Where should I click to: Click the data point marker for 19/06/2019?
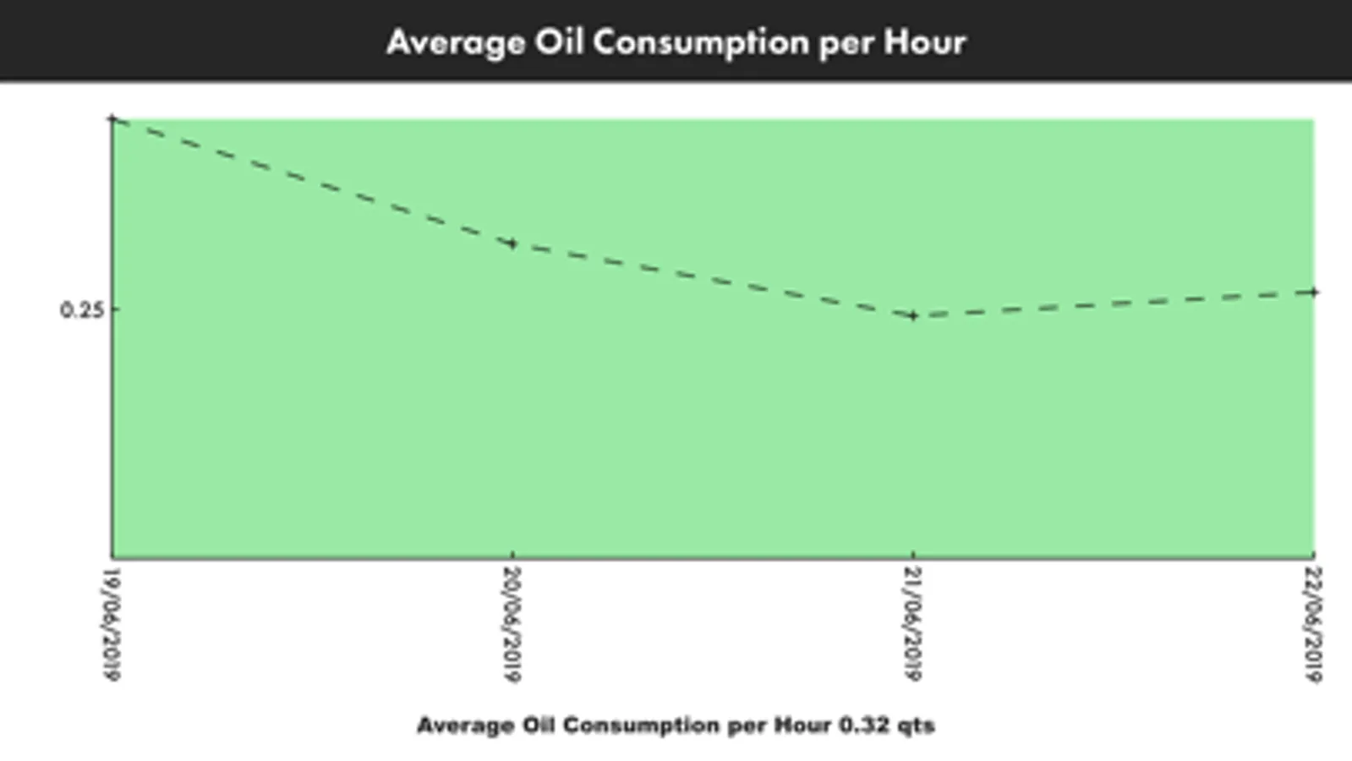(x=113, y=120)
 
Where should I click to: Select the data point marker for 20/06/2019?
(x=512, y=244)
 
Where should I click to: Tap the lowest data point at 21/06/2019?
(x=913, y=316)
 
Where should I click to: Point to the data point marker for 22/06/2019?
(x=1313, y=293)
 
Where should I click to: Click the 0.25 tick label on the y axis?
(x=82, y=309)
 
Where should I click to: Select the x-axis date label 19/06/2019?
(x=111, y=623)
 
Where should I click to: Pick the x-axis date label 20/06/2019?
(x=512, y=623)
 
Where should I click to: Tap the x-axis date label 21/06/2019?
(x=913, y=623)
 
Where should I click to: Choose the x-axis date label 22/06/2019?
(x=1313, y=623)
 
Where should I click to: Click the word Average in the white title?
(x=455, y=42)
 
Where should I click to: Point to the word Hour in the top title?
(x=925, y=42)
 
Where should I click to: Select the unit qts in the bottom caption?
(x=914, y=725)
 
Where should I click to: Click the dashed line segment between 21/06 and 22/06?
(x=1113, y=304)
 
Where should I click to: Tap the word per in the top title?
(x=846, y=42)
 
